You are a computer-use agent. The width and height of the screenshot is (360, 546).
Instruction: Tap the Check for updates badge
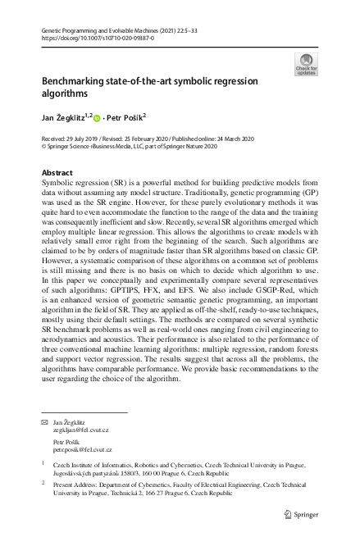[306, 65]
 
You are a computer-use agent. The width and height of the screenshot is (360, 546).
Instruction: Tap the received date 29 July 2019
[83, 139]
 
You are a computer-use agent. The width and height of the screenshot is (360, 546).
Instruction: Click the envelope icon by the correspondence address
[46, 421]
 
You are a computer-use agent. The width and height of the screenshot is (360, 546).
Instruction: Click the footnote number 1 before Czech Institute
[43, 463]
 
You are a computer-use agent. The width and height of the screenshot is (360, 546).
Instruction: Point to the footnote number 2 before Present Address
[43, 485]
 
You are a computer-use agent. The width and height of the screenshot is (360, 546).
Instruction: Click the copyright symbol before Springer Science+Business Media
[44, 147]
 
